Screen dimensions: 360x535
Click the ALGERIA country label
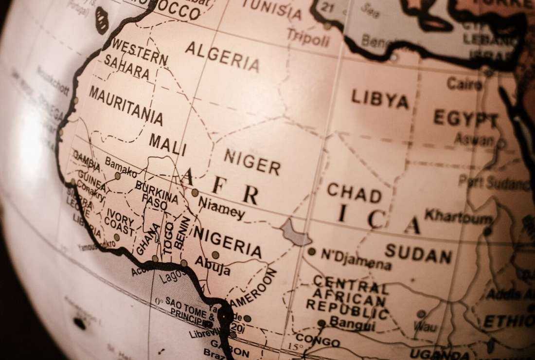click(222, 56)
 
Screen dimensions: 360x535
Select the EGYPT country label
click(465, 118)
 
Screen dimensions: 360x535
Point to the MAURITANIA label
click(125, 106)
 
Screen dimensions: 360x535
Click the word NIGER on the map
click(251, 162)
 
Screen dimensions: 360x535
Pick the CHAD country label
click(354, 193)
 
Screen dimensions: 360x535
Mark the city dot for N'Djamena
click(312, 252)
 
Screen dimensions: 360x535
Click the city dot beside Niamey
click(195, 193)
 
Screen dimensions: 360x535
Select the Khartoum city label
click(458, 217)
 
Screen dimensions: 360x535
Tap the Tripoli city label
click(308, 37)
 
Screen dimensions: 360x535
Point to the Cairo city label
click(464, 84)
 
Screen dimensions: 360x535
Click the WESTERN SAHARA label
click(135, 59)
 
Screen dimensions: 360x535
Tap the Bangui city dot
click(321, 323)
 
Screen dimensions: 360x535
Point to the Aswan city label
click(474, 140)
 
